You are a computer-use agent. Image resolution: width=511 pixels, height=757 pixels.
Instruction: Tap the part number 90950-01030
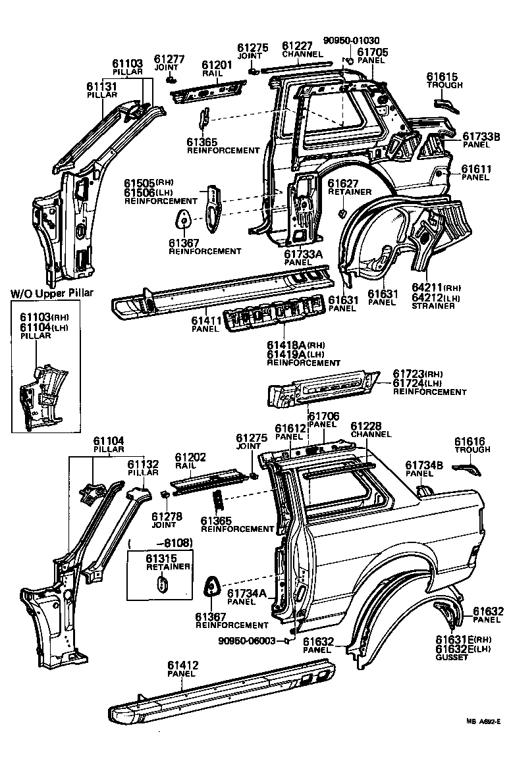point(352,40)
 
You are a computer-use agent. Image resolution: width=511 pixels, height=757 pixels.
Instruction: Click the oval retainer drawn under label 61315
point(162,584)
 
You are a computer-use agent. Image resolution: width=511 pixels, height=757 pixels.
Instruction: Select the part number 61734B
point(421,464)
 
